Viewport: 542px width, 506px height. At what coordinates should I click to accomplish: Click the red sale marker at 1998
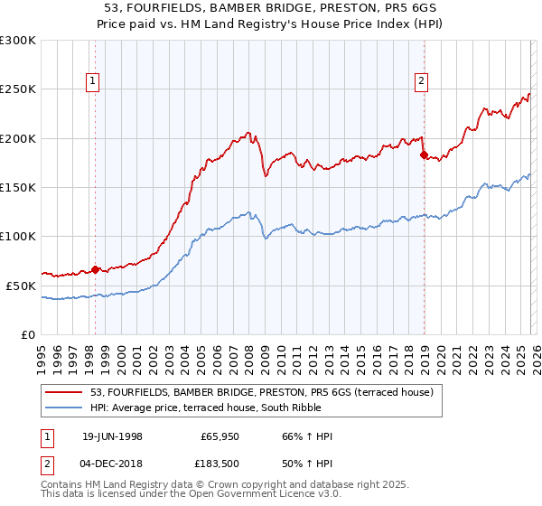click(95, 269)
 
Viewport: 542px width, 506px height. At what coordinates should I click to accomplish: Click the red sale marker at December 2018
click(423, 155)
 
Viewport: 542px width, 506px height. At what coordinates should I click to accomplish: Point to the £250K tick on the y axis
click(19, 89)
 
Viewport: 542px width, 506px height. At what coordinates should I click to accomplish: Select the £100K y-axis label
click(19, 236)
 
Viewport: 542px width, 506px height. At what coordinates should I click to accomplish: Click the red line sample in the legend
click(65, 392)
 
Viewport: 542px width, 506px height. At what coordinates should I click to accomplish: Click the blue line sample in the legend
click(65, 408)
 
